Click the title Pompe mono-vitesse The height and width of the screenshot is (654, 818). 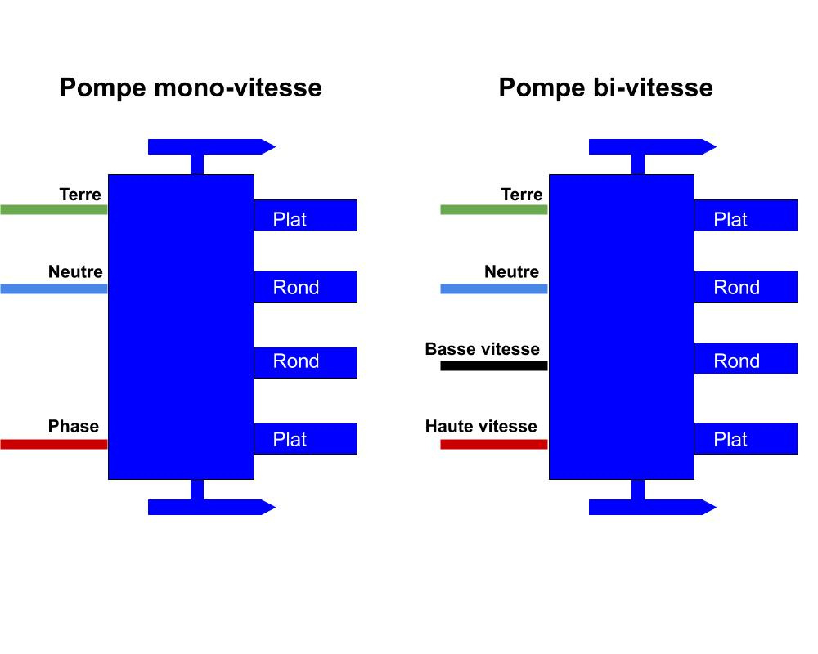pyautogui.click(x=190, y=87)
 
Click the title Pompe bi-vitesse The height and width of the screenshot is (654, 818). pyautogui.click(x=605, y=87)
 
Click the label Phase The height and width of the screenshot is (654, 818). pyautogui.click(x=73, y=426)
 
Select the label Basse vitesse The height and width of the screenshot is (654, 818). pyautogui.click(x=482, y=349)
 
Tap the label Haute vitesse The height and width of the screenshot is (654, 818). pyautogui.click(x=481, y=426)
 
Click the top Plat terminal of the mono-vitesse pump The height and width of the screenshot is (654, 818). pyautogui.click(x=305, y=216)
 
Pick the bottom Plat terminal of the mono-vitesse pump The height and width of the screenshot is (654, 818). pyautogui.click(x=305, y=438)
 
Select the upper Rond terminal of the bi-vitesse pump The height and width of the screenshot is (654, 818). pyautogui.click(x=746, y=287)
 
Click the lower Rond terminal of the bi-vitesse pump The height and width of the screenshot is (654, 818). pyautogui.click(x=746, y=359)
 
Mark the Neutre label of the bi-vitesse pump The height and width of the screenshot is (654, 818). pyautogui.click(x=511, y=271)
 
